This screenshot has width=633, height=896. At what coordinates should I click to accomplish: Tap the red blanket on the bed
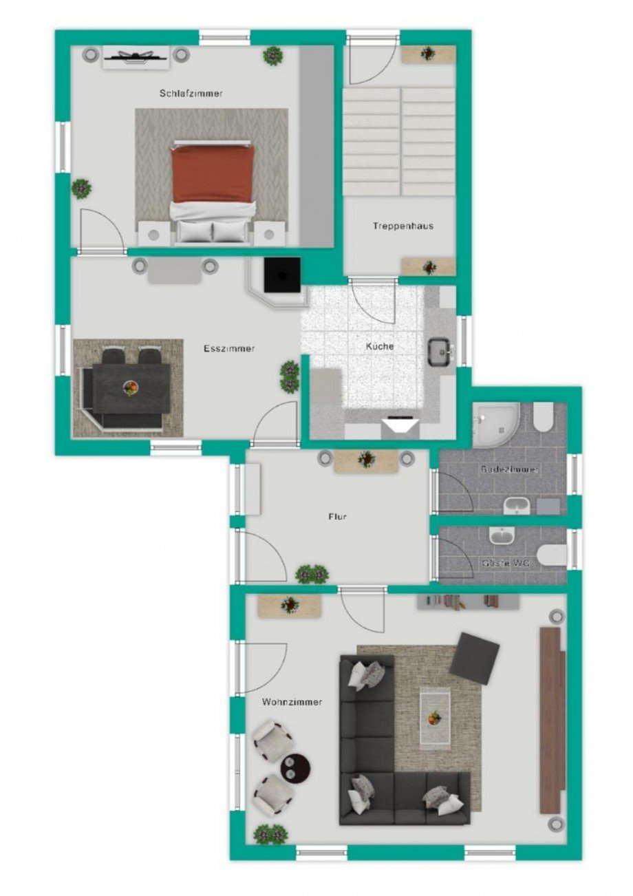click(213, 174)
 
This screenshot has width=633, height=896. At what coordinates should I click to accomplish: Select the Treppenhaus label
click(403, 226)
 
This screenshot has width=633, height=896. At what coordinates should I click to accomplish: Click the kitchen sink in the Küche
click(438, 352)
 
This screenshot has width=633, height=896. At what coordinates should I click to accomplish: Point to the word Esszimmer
click(229, 348)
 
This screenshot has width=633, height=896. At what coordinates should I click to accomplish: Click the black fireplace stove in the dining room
click(282, 275)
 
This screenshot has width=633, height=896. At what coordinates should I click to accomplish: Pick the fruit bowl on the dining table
click(129, 387)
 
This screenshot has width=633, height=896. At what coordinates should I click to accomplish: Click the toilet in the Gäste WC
click(553, 555)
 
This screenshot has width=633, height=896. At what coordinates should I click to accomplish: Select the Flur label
click(337, 516)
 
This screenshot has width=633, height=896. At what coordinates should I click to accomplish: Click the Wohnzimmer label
click(292, 702)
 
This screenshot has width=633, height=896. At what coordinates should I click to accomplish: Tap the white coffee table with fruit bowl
click(435, 718)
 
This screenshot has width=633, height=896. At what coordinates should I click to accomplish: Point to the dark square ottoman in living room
click(474, 658)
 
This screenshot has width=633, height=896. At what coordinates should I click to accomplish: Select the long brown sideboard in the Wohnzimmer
click(550, 720)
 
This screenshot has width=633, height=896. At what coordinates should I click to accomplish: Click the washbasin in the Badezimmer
click(515, 506)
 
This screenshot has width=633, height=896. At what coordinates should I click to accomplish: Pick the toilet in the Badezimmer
click(543, 416)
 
